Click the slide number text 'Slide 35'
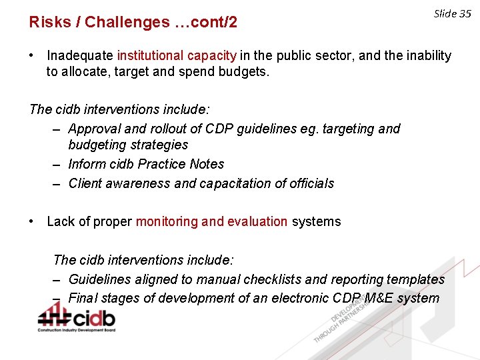pyautogui.click(x=452, y=14)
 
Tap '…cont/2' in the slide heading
pyautogui.click(x=206, y=23)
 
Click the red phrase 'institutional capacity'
pyautogui.click(x=177, y=56)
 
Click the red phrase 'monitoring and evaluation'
pyautogui.click(x=211, y=222)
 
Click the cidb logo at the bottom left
pyautogui.click(x=76, y=317)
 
